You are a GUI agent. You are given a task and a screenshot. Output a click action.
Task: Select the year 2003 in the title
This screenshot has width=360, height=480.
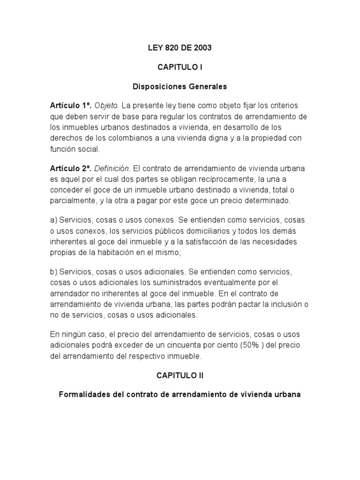pos(202,47)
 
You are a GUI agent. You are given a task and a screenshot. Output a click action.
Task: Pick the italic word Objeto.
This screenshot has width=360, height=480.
pos(107,106)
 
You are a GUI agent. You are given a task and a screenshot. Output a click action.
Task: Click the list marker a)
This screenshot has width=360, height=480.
pos(53,220)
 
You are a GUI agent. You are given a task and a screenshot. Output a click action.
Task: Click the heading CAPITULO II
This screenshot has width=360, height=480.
pos(180,375)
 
